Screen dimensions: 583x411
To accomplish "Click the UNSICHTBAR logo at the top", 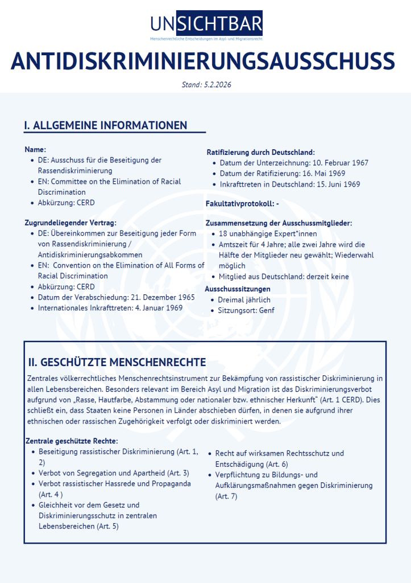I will [x=206, y=24].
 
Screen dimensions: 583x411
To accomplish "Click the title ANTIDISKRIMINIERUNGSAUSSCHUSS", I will [x=203, y=61].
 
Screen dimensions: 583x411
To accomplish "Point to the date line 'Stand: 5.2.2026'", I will [x=206, y=85].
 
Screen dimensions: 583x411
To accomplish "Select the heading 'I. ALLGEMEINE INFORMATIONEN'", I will [x=106, y=125].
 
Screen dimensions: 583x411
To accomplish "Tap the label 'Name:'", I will [x=35, y=149].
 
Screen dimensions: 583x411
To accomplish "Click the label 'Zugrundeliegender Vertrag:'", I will [x=70, y=223].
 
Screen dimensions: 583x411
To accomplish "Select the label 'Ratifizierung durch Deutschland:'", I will [x=260, y=152].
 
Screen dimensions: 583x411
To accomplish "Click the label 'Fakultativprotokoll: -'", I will [x=242, y=203].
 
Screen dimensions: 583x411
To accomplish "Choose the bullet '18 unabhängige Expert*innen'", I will [x=267, y=233].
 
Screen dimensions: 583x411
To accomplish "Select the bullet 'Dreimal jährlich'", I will [x=244, y=299].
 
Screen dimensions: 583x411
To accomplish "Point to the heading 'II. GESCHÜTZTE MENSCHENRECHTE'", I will [x=117, y=363].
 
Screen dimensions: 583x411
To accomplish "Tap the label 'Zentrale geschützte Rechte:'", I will [x=72, y=441].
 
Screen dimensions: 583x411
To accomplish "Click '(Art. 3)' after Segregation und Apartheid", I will [x=178, y=473].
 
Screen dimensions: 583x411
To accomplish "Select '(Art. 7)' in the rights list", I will [x=226, y=496].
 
